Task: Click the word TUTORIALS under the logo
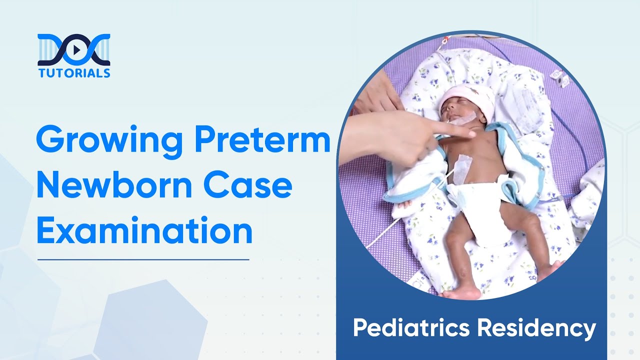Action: (x=74, y=73)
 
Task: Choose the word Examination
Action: (x=144, y=230)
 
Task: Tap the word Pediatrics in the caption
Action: (x=411, y=328)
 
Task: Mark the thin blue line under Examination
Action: (x=143, y=259)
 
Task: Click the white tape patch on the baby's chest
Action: (x=463, y=167)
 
